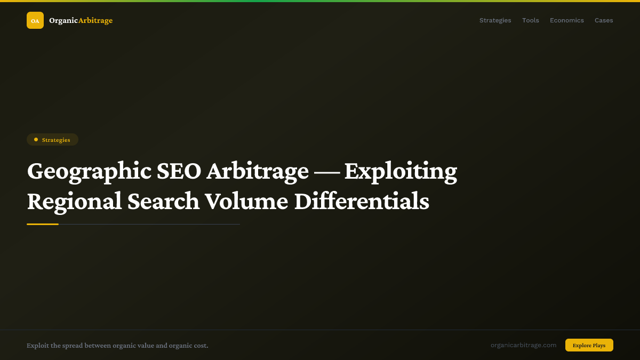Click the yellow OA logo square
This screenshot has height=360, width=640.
35,20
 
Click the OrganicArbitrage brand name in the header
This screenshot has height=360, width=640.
81,20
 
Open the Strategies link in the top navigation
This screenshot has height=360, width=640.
495,20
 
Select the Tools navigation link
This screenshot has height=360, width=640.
530,20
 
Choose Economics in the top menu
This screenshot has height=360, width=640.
566,20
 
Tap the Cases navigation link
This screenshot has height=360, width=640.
604,20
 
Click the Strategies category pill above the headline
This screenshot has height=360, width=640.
52,140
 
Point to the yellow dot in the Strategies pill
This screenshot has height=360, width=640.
36,140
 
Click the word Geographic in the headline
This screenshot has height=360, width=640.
89,172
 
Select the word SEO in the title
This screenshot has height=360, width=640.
179,172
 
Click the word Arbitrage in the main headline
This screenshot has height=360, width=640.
257,172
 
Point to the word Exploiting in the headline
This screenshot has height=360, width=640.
401,172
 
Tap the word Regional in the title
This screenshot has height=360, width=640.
74,202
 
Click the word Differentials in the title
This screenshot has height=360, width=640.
362,202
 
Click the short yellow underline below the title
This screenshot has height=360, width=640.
43,224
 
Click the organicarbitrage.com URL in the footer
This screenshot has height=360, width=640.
523,345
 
